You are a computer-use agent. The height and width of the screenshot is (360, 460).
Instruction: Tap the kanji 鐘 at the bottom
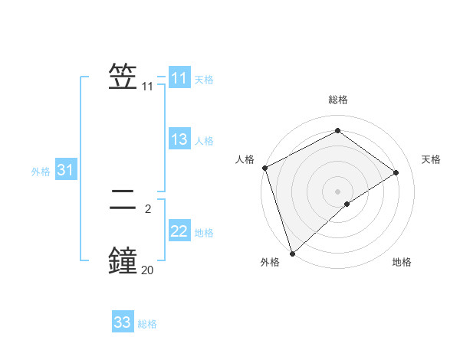123,260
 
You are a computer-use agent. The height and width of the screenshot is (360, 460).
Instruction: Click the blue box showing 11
179,78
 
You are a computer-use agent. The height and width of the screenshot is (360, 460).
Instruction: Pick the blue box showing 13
179,139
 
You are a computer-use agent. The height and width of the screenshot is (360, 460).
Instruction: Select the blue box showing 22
179,231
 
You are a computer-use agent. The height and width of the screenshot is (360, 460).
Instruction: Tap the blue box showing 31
65,171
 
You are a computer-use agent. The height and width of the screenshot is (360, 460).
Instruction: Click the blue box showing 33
123,322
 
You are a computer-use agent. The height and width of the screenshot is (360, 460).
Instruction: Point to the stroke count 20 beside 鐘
147,270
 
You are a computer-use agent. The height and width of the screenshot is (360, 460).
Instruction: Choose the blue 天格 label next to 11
204,79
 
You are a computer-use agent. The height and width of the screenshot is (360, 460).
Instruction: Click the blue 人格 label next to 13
204,140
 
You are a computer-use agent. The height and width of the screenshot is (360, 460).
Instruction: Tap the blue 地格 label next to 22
204,232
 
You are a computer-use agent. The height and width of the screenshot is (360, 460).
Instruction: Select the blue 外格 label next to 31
41,172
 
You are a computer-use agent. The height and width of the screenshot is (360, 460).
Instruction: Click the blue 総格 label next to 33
147,323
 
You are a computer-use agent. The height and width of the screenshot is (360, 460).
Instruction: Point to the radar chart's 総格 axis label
337,100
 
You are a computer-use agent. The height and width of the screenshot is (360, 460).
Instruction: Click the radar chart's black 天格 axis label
432,159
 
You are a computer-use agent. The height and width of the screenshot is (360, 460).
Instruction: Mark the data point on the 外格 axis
291,253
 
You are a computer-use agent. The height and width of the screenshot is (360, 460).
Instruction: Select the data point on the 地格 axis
347,204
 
